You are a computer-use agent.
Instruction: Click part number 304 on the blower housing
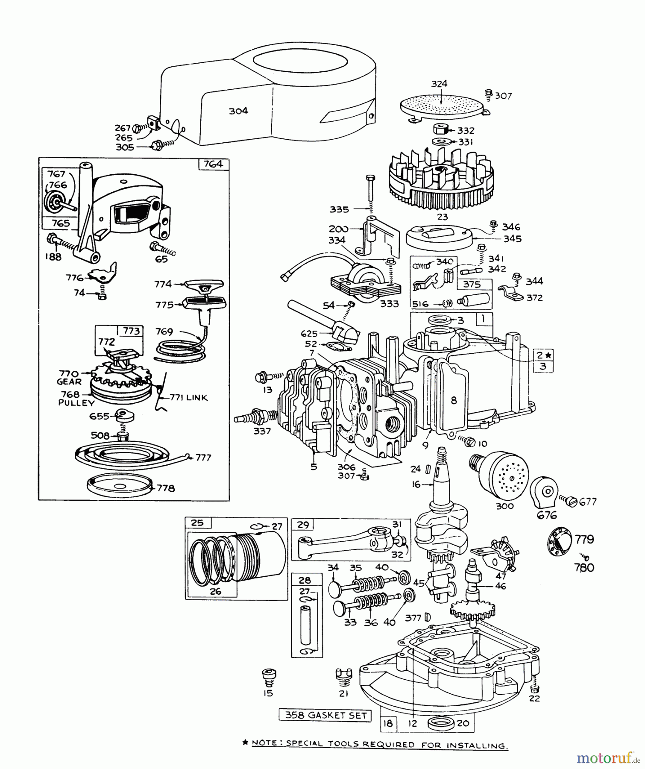pyautogui.click(x=238, y=111)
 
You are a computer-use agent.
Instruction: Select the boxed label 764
pyautogui.click(x=214, y=164)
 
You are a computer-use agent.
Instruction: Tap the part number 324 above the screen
pyautogui.click(x=439, y=84)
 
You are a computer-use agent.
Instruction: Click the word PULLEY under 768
pyautogui.click(x=76, y=403)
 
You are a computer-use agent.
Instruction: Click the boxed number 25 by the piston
pyautogui.click(x=197, y=523)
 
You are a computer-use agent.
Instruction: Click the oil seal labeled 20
pyautogui.click(x=440, y=723)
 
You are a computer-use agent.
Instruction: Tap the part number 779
pyautogui.click(x=584, y=540)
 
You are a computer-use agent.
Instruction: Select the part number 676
pyautogui.click(x=547, y=515)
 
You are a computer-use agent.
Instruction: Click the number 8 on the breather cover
pyautogui.click(x=454, y=400)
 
